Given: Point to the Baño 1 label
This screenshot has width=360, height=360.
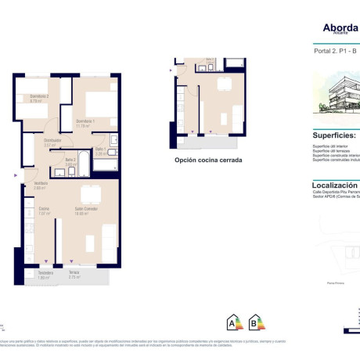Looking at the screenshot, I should click(x=101, y=149).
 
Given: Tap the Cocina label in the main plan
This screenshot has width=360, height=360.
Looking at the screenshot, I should click(x=44, y=209).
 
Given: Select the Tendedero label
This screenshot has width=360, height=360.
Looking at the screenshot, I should click(x=45, y=273).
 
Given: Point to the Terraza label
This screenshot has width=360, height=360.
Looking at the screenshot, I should click(x=74, y=273).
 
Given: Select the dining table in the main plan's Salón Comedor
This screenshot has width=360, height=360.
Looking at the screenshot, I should click(x=92, y=195).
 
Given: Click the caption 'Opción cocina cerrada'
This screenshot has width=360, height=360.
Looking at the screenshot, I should click(x=207, y=160).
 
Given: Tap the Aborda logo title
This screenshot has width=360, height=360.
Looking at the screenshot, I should click(x=340, y=28).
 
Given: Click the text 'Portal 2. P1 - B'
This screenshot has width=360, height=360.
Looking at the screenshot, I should click(x=329, y=51).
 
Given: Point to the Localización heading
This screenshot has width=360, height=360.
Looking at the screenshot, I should click(x=335, y=187).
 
